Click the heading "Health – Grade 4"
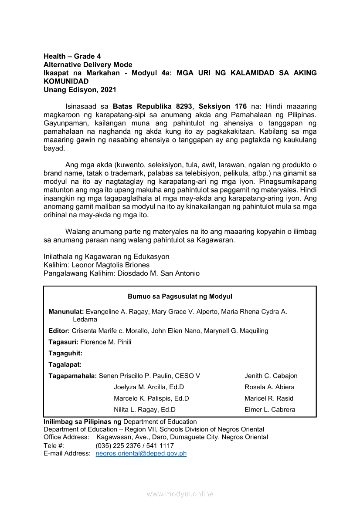coord(72,56)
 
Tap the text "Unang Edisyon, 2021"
coord(80,90)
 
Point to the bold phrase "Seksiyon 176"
coord(223,106)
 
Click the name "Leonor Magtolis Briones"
coord(110,265)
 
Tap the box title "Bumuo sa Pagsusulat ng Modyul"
coord(180,297)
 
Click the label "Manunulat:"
coord(66,311)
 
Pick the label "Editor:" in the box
coord(59,331)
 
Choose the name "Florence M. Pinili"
coord(106,342)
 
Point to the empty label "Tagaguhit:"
coord(65,354)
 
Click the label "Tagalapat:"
coord(65,364)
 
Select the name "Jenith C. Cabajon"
coord(271,376)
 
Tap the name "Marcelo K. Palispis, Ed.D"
coord(151,398)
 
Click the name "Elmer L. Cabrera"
coord(270,410)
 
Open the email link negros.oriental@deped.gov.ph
coord(141,454)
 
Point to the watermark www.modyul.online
coord(180,494)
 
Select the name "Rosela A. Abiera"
coord(269,387)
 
